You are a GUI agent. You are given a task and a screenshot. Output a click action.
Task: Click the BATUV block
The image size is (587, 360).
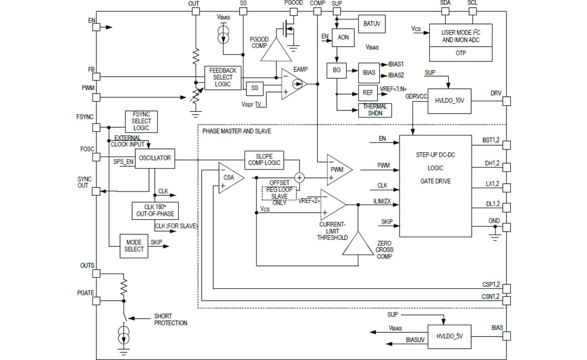(x=372, y=23)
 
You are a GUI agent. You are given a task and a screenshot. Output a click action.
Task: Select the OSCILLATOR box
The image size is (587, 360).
(x=154, y=158)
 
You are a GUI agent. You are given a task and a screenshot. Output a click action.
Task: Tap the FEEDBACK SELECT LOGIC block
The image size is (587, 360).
(x=223, y=77)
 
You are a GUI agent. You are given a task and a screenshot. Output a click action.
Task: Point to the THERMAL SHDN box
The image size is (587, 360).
(x=375, y=110)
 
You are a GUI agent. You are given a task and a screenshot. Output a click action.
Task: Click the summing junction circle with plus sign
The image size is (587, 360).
(x=299, y=177)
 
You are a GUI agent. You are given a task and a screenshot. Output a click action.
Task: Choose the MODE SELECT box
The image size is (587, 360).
(x=134, y=246)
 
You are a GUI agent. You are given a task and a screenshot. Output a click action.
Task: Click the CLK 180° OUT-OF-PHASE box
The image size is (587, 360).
(x=155, y=210)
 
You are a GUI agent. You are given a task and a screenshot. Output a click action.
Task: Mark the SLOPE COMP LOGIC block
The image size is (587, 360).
(x=264, y=159)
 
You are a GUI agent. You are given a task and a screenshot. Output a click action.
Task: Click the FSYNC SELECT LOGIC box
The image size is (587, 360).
(x=141, y=121)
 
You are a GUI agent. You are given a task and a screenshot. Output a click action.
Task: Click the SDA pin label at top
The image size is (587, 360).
(x=445, y=3)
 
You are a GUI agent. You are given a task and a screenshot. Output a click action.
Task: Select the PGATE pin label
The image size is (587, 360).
(x=85, y=293)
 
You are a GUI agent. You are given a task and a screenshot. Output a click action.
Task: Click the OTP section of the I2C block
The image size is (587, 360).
(x=460, y=53)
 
